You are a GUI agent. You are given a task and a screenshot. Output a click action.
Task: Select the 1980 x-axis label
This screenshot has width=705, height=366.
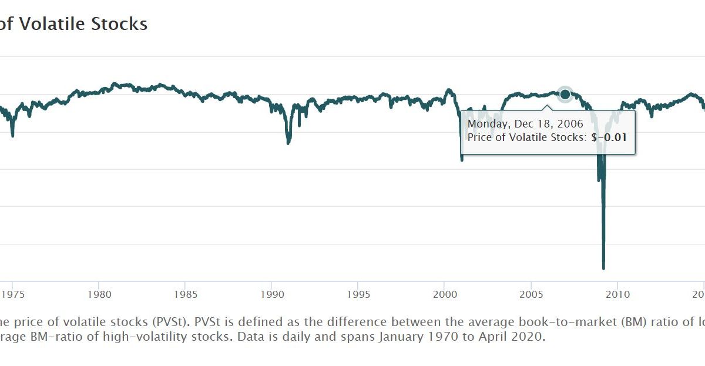(x=99, y=294)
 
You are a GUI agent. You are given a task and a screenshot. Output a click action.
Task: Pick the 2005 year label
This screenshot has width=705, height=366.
(x=531, y=294)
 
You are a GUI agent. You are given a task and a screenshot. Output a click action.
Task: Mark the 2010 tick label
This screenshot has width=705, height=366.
(x=617, y=294)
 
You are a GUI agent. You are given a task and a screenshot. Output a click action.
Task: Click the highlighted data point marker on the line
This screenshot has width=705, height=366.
(x=565, y=94)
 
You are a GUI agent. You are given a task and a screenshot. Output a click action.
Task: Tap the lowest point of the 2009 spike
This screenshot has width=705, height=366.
(x=603, y=268)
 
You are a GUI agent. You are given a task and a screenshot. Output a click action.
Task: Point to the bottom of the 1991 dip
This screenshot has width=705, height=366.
(x=288, y=143)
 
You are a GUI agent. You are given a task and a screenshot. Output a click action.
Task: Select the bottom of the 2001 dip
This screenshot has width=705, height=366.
(x=462, y=159)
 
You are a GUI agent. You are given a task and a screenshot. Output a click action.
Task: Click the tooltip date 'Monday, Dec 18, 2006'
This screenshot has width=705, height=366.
(x=525, y=124)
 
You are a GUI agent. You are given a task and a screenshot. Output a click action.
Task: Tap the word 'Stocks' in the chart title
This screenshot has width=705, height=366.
(x=122, y=24)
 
